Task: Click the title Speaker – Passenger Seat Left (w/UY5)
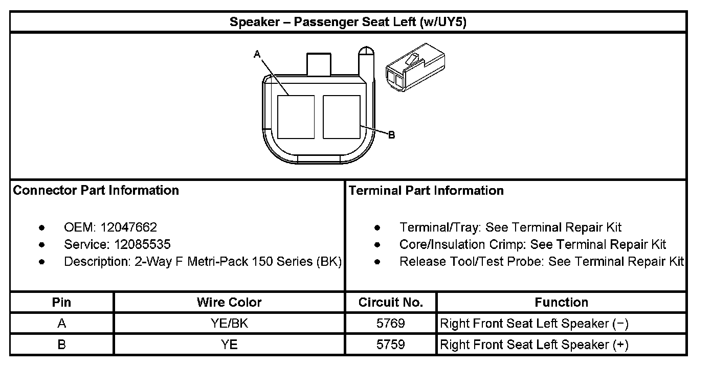click(x=348, y=22)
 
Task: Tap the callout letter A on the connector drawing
click(x=257, y=54)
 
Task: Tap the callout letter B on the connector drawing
click(x=392, y=135)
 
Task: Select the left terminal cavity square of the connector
click(x=296, y=117)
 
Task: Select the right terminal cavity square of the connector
click(x=342, y=117)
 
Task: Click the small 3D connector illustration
click(x=415, y=67)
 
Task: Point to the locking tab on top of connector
click(x=319, y=64)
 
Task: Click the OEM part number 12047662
click(x=129, y=227)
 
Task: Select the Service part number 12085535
click(x=142, y=244)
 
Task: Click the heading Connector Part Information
click(x=96, y=190)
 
